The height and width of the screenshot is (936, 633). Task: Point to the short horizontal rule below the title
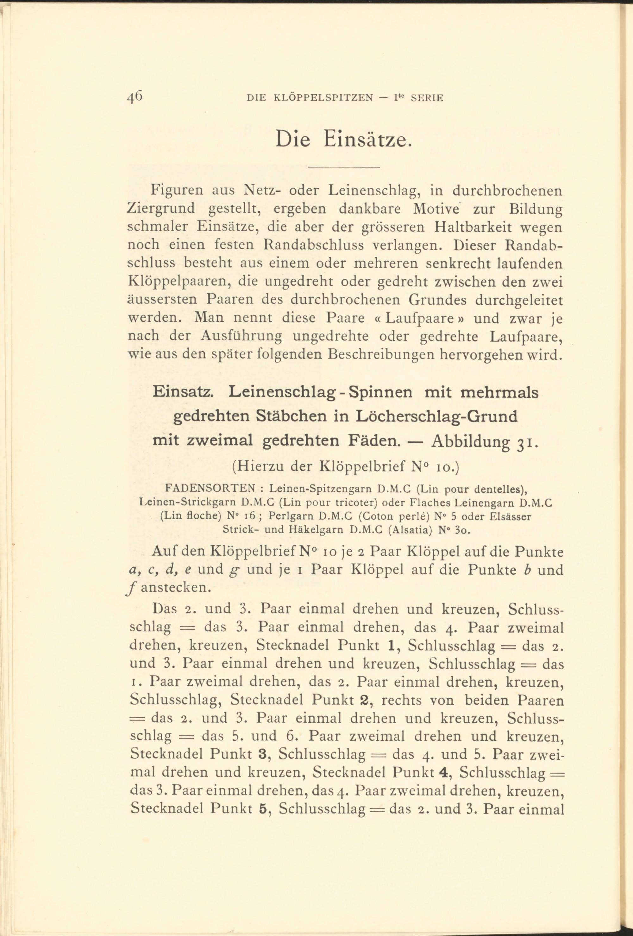click(x=344, y=167)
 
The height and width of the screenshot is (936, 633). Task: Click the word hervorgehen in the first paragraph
click(x=481, y=355)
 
